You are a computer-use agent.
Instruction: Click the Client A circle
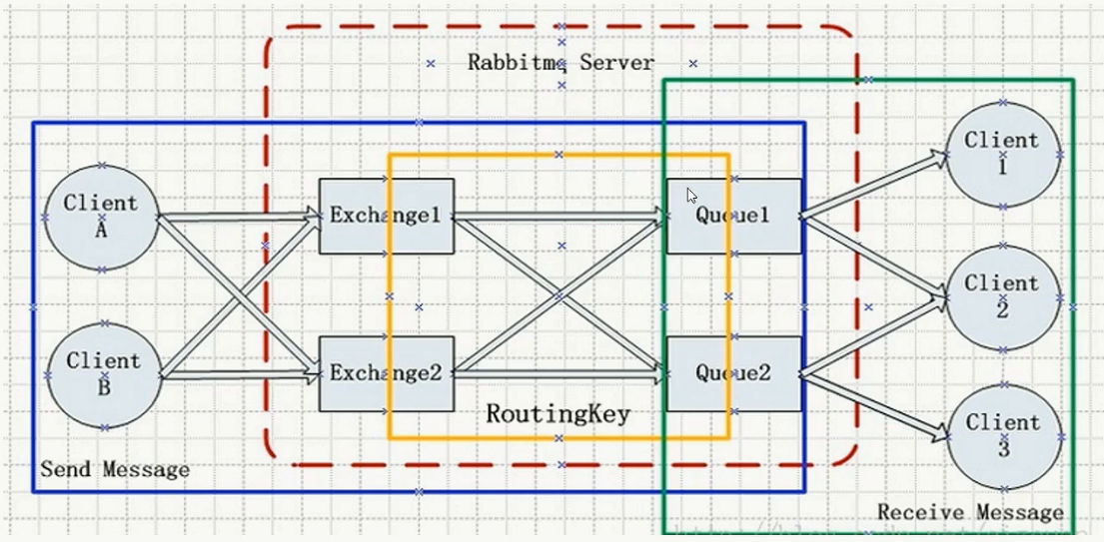tap(102, 218)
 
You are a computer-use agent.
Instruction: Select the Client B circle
tap(104, 375)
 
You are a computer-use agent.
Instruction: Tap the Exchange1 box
tap(386, 216)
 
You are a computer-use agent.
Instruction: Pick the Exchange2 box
tap(386, 373)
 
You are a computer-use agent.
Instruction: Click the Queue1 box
tap(733, 217)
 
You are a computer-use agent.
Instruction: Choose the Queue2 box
tap(733, 373)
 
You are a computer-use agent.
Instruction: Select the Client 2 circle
tap(1002, 296)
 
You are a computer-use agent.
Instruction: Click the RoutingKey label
tap(558, 413)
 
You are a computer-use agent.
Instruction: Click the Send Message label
tap(115, 468)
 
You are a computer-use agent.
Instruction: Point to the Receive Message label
tap(970, 512)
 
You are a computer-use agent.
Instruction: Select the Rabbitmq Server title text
tap(560, 63)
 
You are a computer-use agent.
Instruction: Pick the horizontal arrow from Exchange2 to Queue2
tap(559, 374)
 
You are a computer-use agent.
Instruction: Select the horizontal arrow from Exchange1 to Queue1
tap(559, 214)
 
